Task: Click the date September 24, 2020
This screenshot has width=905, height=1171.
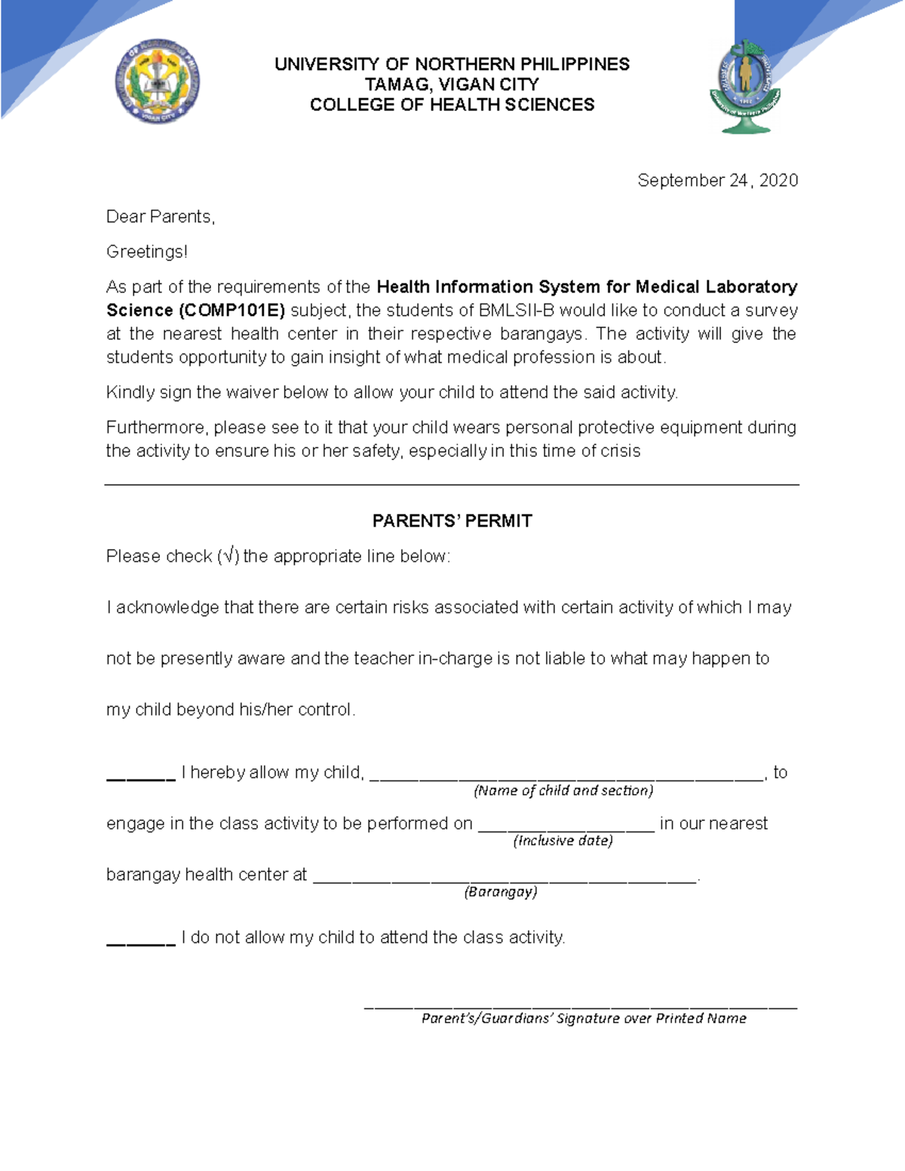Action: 717,180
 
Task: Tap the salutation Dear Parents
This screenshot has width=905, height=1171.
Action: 161,217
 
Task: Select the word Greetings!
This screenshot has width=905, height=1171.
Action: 146,252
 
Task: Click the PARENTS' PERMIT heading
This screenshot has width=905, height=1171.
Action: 452,521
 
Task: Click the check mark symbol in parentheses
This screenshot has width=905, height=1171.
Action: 229,556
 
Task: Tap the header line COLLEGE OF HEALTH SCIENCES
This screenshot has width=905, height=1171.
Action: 452,105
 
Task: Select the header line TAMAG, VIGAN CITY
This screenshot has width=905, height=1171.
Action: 452,84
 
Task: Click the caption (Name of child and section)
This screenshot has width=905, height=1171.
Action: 563,790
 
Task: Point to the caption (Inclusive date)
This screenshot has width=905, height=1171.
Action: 563,841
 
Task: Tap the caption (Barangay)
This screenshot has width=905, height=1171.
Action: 501,892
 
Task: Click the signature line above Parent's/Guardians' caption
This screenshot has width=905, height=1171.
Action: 580,1006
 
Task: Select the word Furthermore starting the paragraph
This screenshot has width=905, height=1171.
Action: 157,428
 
